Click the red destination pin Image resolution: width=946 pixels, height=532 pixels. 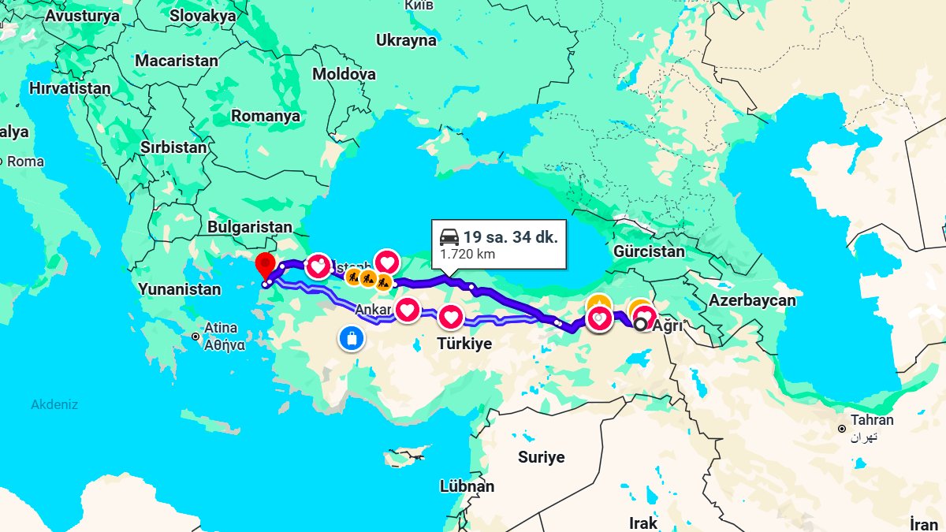point(265,264)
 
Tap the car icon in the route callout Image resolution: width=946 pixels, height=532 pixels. point(449,236)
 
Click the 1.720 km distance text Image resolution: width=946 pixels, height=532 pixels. point(467,255)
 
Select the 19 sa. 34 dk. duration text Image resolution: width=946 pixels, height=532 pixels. point(510,236)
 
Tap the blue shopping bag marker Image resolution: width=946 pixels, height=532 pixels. point(351,338)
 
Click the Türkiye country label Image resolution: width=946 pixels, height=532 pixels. point(464,344)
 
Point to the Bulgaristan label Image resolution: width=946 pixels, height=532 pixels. point(249,227)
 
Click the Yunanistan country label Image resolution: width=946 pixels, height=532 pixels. point(180,289)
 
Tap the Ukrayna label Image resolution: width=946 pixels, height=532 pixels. point(406,40)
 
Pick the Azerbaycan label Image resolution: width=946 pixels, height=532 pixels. point(751,300)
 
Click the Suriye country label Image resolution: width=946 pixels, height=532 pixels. point(541,457)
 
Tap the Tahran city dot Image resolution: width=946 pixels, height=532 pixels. point(843,429)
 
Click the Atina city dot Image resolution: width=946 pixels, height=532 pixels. point(195,337)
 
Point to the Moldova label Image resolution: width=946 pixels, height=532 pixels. point(344,74)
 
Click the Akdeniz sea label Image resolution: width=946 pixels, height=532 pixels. point(54,404)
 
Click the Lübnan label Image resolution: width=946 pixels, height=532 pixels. point(467,485)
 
